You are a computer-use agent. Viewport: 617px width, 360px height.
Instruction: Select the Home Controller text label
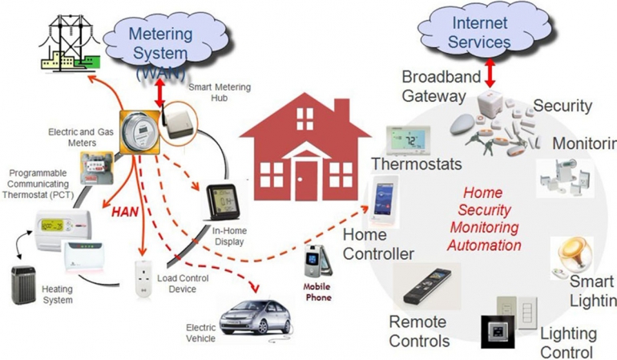click(378, 245)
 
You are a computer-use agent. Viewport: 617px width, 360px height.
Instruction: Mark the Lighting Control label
click(567, 342)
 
